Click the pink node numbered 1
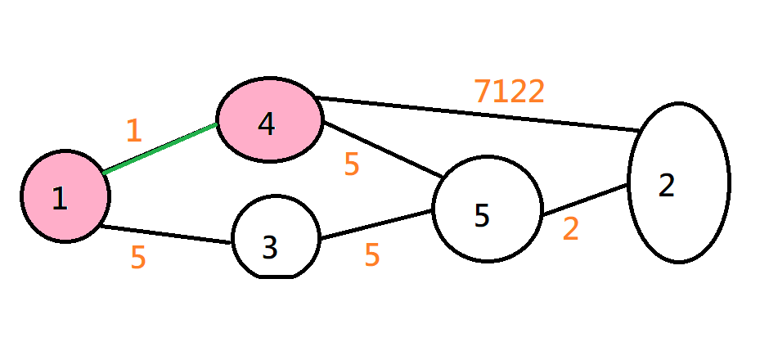coord(65,196)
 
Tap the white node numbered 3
coord(276,237)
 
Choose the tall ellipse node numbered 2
coord(679,182)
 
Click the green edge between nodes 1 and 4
coord(160,148)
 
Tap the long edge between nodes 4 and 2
coord(479,114)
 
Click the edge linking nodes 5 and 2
coord(585,200)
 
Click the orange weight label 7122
coord(509,92)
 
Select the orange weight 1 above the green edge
coord(133,131)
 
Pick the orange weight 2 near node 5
coord(570,230)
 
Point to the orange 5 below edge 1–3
coord(138,258)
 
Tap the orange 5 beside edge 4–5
coord(352,165)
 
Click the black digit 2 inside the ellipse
coord(667,186)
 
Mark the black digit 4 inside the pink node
coord(266,124)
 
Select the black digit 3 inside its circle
coord(270,247)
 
